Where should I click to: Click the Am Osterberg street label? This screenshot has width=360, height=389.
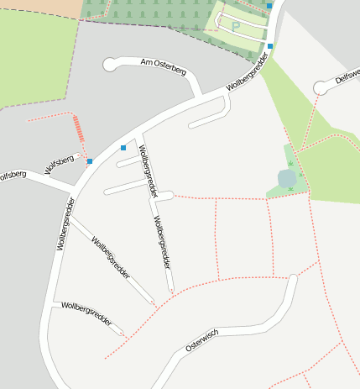pyautogui.click(x=163, y=66)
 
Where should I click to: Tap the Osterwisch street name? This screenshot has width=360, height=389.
pyautogui.click(x=202, y=339)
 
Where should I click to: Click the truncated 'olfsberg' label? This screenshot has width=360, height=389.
pyautogui.click(x=12, y=176)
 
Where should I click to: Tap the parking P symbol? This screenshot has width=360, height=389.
pyautogui.click(x=236, y=27)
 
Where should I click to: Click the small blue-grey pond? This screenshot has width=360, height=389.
pyautogui.click(x=287, y=178)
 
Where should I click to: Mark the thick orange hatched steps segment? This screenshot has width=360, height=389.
pyautogui.click(x=80, y=129)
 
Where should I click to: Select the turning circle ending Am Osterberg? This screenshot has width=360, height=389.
pyautogui.click(x=109, y=64)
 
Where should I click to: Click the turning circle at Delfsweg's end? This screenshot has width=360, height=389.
pyautogui.click(x=320, y=87)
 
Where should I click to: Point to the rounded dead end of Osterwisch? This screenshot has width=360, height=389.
pyautogui.click(x=291, y=278)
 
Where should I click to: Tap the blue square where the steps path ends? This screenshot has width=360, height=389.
pyautogui.click(x=90, y=161)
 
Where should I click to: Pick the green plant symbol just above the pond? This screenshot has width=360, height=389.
pyautogui.click(x=290, y=163)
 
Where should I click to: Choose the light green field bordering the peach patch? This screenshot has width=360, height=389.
pyautogui.click(x=34, y=59)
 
